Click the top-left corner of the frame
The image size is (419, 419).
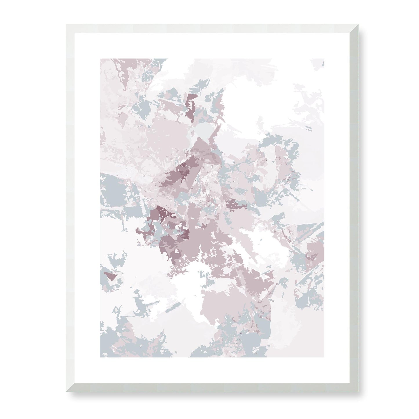66,25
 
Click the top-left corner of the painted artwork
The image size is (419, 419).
100,59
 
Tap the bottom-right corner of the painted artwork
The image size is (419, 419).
324,357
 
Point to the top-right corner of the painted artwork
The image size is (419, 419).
324,59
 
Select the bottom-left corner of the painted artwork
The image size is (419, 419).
100,357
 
